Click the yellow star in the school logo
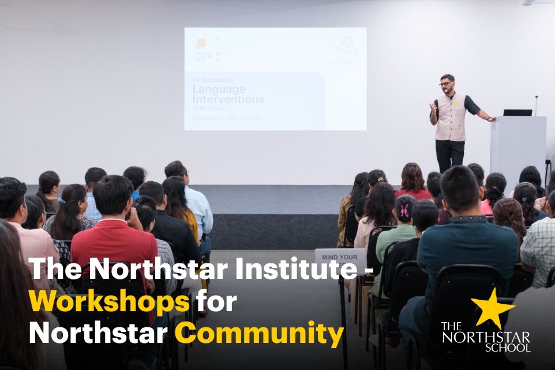pos(492,309)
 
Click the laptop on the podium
pos(517,112)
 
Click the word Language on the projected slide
pos(219,89)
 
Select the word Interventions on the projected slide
pos(228,99)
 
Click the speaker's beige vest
pos(451,118)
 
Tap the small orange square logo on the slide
pos(201,44)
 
